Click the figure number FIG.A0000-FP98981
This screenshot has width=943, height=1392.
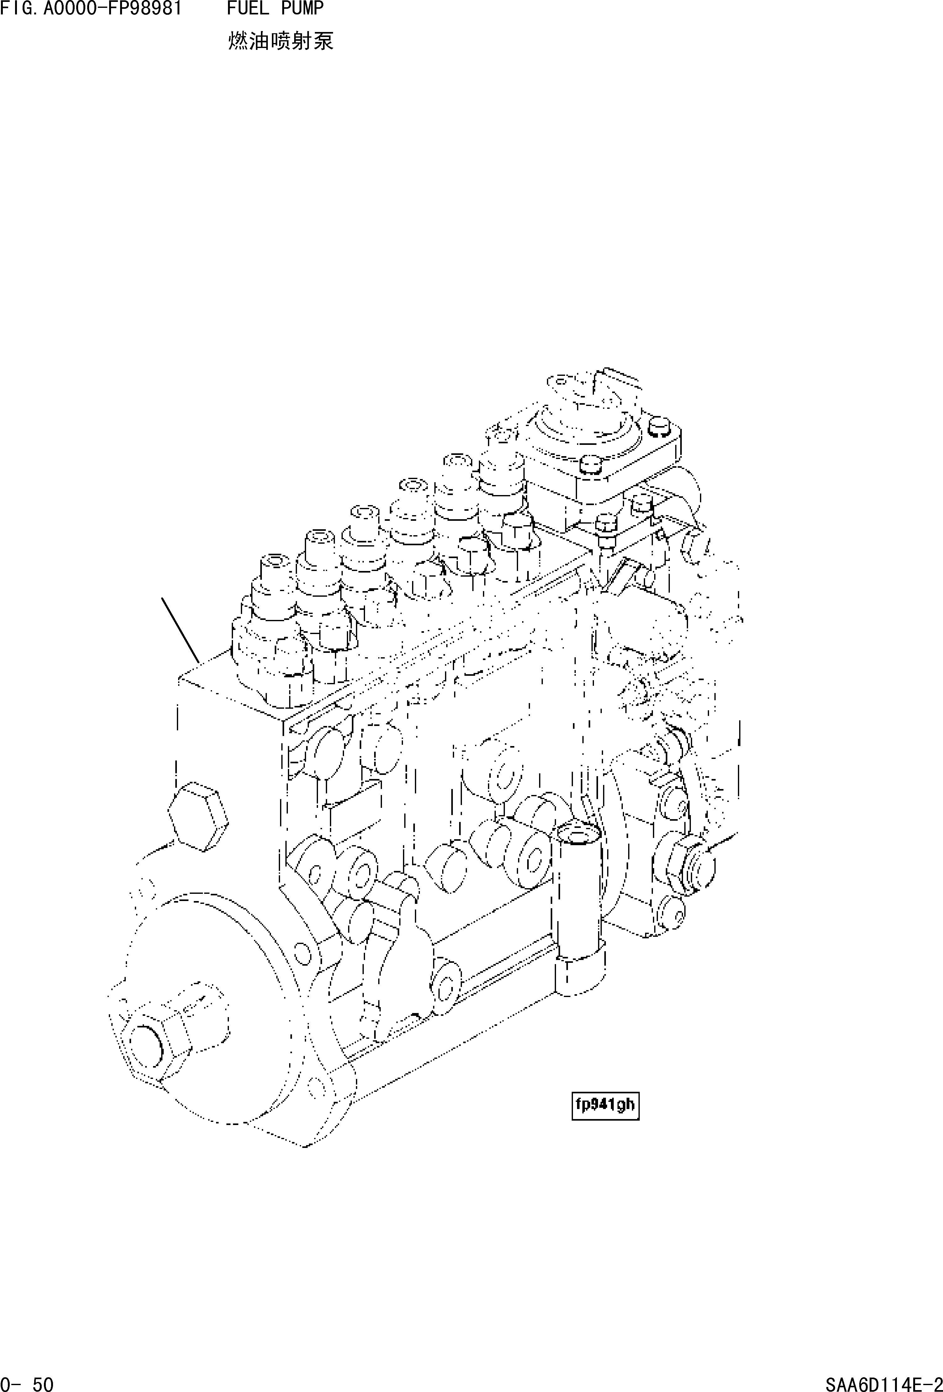click(x=91, y=8)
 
